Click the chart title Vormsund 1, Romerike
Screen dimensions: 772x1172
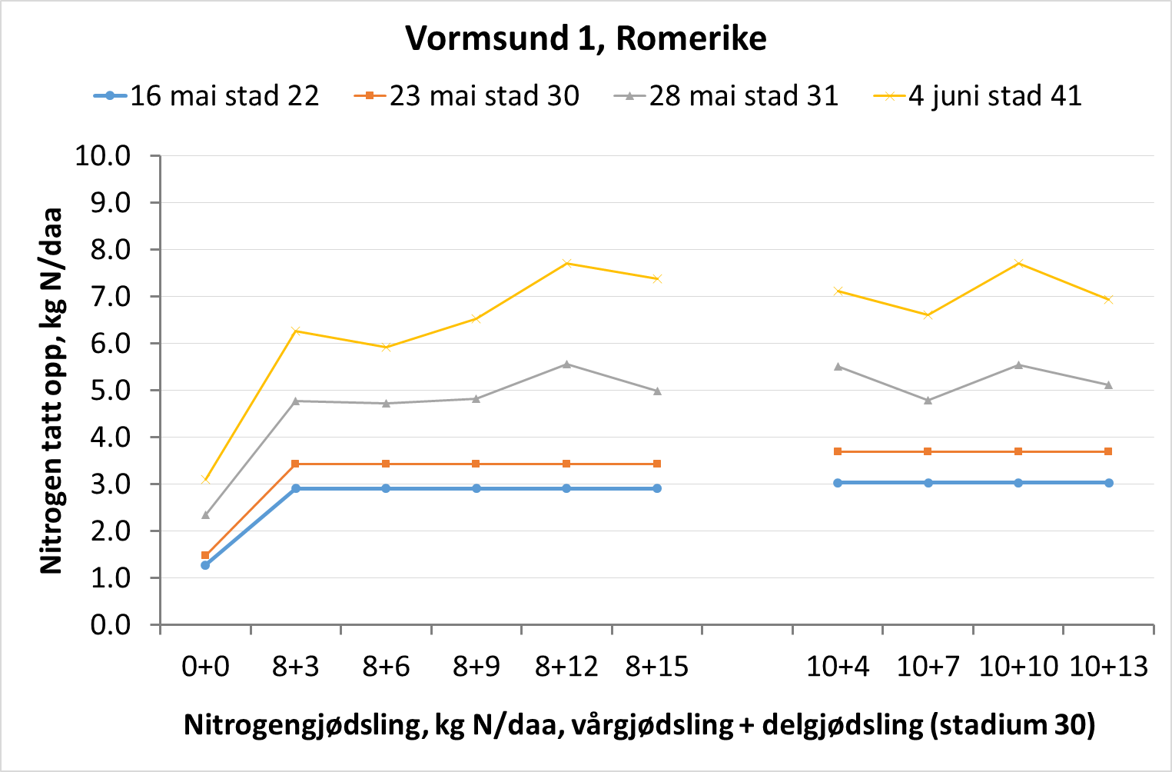586,38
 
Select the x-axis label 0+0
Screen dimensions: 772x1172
205,666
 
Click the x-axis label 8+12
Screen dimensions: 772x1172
566,666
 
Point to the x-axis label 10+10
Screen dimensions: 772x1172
1018,666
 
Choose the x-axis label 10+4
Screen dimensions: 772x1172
838,666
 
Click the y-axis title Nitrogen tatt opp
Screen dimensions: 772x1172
51,391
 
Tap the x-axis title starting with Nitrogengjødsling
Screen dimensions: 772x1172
639,724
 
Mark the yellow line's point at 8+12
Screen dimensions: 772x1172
566,263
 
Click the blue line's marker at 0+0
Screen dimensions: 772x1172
205,565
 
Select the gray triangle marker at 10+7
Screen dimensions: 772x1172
928,401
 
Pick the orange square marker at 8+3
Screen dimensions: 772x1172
296,464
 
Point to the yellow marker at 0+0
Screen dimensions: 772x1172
205,479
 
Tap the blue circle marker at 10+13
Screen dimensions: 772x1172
1109,483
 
